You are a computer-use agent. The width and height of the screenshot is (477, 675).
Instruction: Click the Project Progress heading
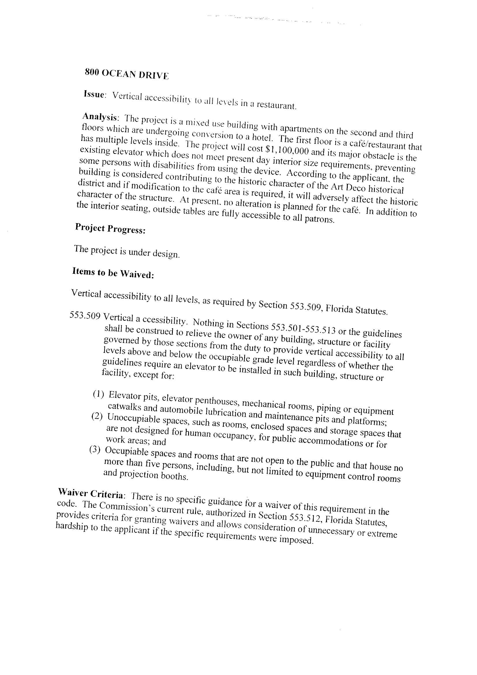110,228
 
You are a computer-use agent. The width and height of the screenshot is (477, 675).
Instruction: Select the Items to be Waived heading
113,273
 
